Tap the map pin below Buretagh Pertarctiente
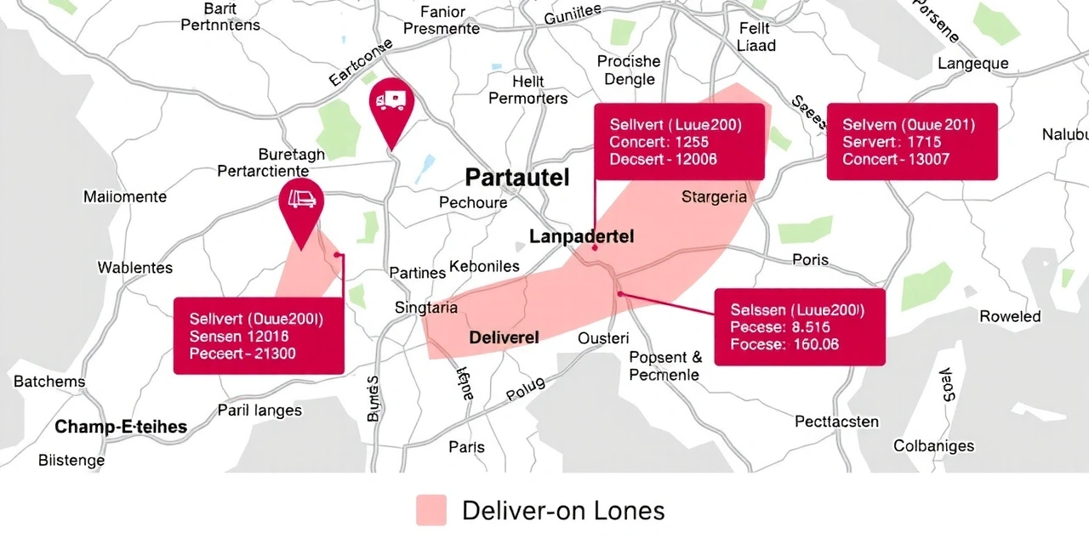tap(301, 204)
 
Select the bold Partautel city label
tap(517, 178)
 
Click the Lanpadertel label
tap(581, 236)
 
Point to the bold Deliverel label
tap(504, 337)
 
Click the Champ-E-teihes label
tap(121, 427)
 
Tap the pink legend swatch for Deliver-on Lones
tap(431, 510)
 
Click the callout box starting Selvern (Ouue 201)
tap(911, 142)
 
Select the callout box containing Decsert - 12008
tap(679, 142)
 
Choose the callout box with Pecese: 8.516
tap(799, 327)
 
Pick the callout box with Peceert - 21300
tap(259, 336)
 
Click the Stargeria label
tap(714, 197)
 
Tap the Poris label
tap(810, 259)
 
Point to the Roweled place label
tap(1010, 316)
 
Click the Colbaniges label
tap(933, 445)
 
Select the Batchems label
tap(49, 382)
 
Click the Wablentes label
tap(134, 268)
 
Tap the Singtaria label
tap(426, 308)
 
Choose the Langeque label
tap(972, 64)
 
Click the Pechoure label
tap(473, 202)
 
